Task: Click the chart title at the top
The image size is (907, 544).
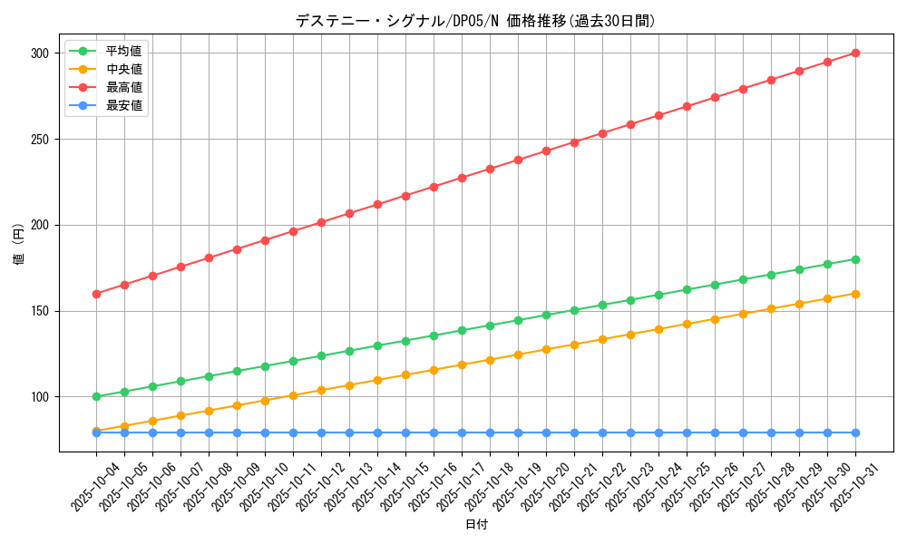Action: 475,21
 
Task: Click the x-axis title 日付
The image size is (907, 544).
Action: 476,525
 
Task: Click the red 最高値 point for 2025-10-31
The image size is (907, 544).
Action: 855,53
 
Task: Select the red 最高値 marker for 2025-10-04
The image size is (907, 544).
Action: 96,294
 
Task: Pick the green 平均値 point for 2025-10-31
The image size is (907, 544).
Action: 855,259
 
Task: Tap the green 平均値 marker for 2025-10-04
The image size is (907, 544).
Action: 96,396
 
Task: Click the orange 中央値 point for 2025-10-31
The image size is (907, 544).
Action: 855,294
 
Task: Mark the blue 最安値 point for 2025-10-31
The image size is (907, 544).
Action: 855,432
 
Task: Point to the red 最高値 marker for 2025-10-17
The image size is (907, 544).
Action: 462,178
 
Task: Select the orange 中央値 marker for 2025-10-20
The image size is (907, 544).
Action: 546,349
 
